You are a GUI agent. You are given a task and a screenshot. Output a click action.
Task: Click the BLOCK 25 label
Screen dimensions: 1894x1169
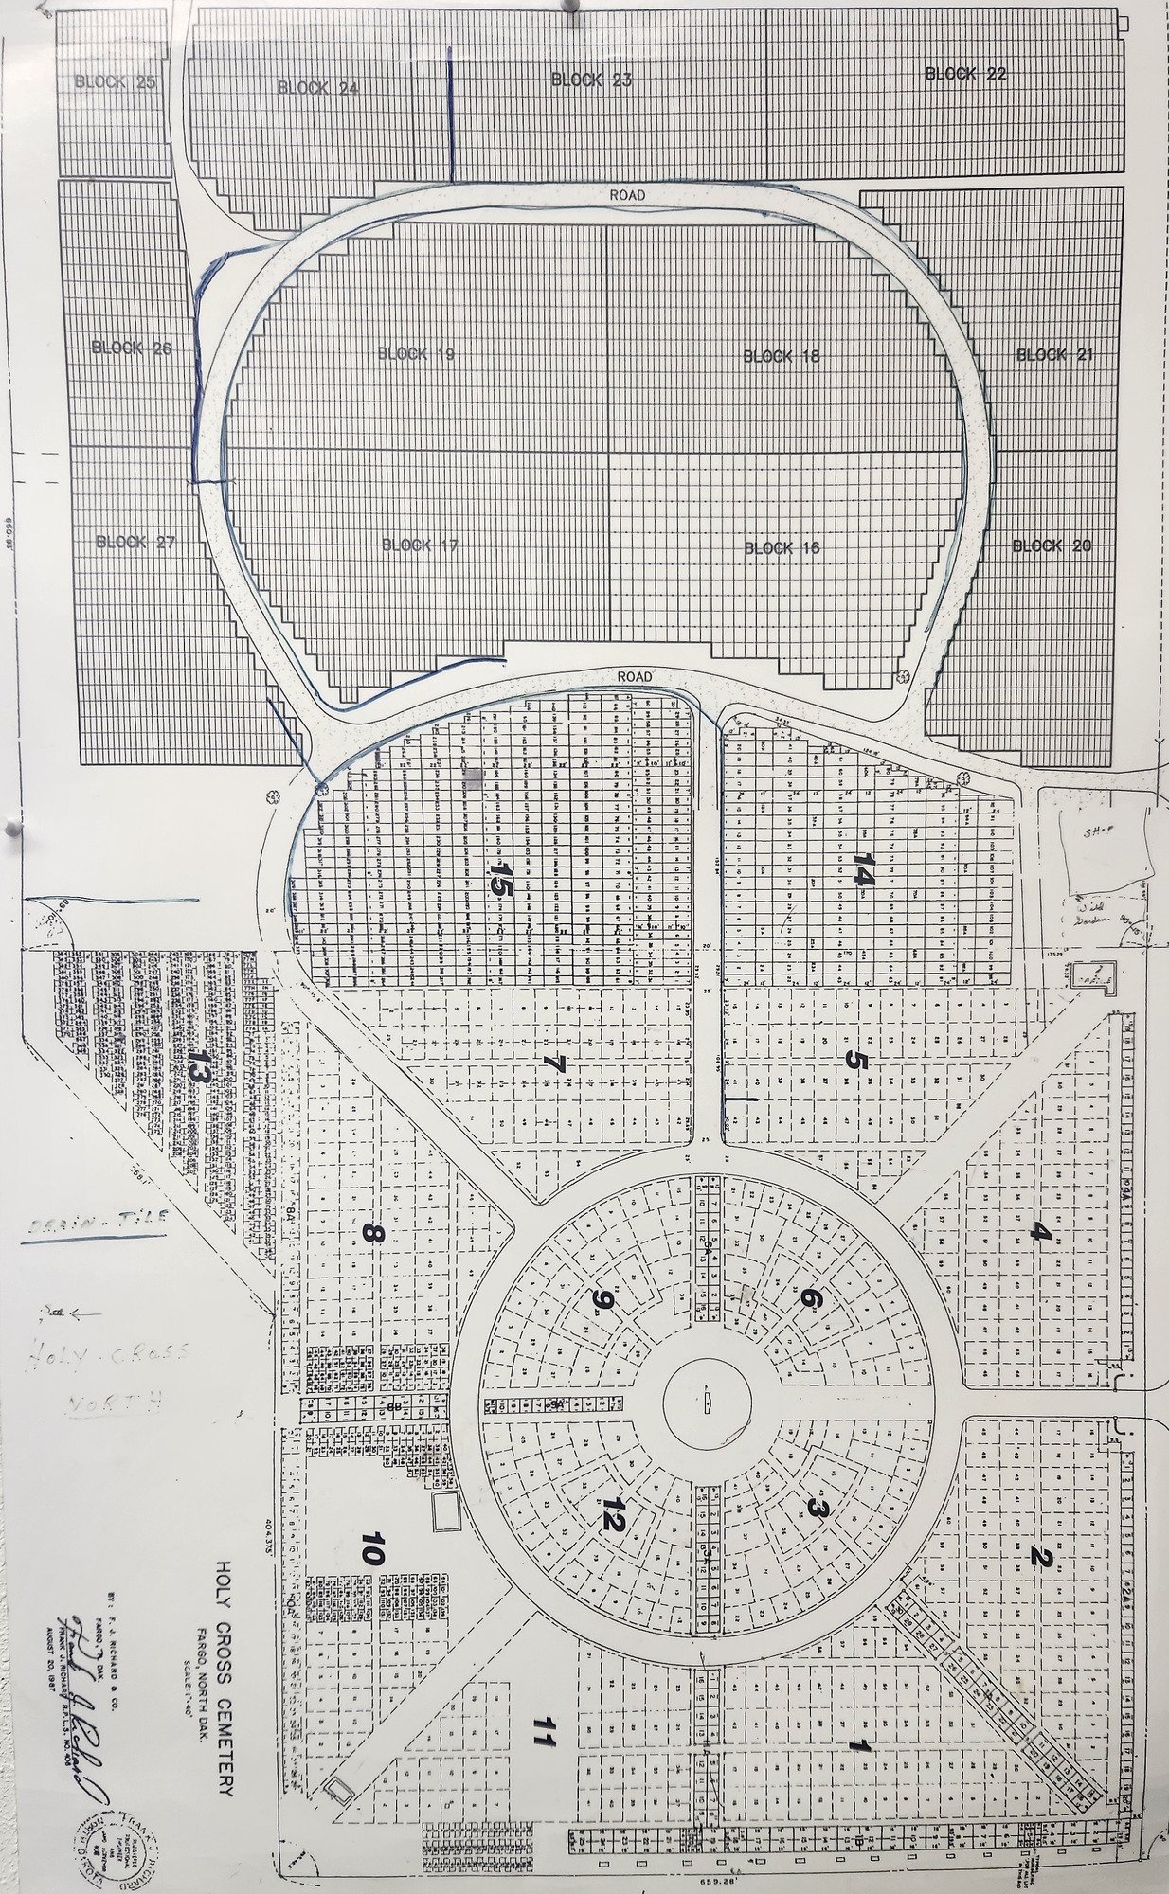[116, 82]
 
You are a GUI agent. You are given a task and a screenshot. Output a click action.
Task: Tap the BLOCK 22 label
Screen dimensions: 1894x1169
[965, 74]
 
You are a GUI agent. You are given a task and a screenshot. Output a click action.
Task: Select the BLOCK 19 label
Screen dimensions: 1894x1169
[416, 354]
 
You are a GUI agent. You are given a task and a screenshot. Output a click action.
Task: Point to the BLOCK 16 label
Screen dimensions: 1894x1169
[782, 548]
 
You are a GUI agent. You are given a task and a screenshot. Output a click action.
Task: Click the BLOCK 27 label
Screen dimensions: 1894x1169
[136, 543]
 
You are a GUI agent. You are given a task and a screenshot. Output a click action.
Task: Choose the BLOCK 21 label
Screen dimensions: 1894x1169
[1054, 355]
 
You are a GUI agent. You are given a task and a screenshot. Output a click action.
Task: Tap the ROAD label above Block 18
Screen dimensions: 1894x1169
[628, 195]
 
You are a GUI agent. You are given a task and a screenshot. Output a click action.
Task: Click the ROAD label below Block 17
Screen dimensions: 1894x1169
[635, 677]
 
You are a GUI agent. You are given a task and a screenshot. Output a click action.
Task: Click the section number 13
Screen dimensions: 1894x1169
[197, 1067]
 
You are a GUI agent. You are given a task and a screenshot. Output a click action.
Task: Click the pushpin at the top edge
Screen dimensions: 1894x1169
[570, 8]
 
